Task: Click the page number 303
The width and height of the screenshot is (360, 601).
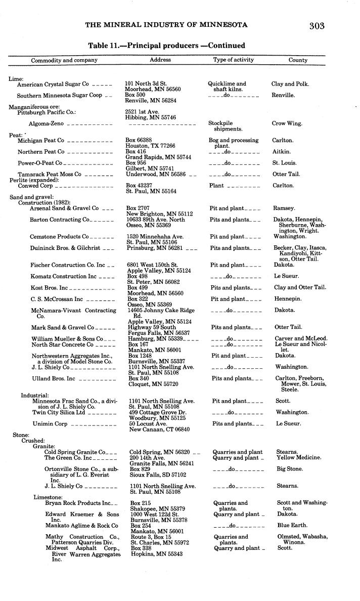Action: (x=317, y=26)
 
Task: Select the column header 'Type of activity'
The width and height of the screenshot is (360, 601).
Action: (x=233, y=60)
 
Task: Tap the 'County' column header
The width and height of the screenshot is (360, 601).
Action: (x=298, y=60)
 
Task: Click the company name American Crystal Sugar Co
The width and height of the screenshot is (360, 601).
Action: (x=53, y=84)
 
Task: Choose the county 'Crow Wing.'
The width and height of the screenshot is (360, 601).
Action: (x=286, y=123)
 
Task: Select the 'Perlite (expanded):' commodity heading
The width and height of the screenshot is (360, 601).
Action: (x=31, y=180)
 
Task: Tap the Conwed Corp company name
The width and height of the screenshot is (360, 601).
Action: (x=35, y=186)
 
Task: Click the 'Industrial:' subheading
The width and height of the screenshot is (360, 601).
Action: (x=34, y=395)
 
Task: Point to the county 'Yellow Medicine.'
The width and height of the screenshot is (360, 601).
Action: (x=298, y=458)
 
